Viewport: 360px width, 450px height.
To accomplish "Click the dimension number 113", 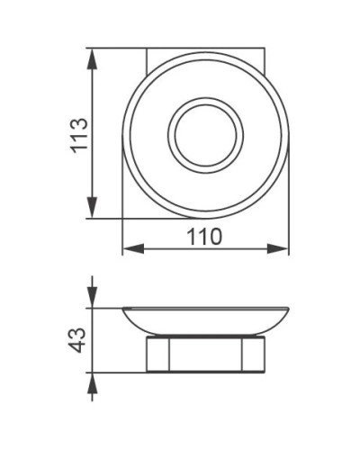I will [x=78, y=135].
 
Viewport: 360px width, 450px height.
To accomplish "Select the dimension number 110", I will [x=205, y=237].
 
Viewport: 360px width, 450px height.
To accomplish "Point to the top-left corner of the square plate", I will [x=147, y=51].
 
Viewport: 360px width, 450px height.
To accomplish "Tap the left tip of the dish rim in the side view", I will [x=123, y=309].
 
